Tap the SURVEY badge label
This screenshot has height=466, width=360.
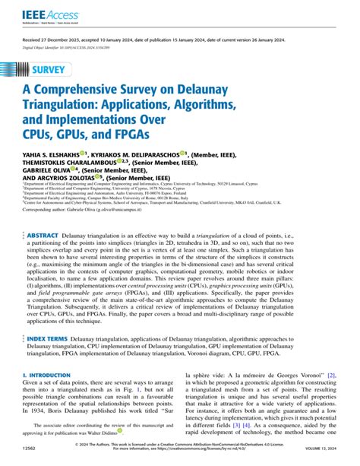click(52, 72)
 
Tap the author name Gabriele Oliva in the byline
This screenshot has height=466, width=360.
click(47, 194)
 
